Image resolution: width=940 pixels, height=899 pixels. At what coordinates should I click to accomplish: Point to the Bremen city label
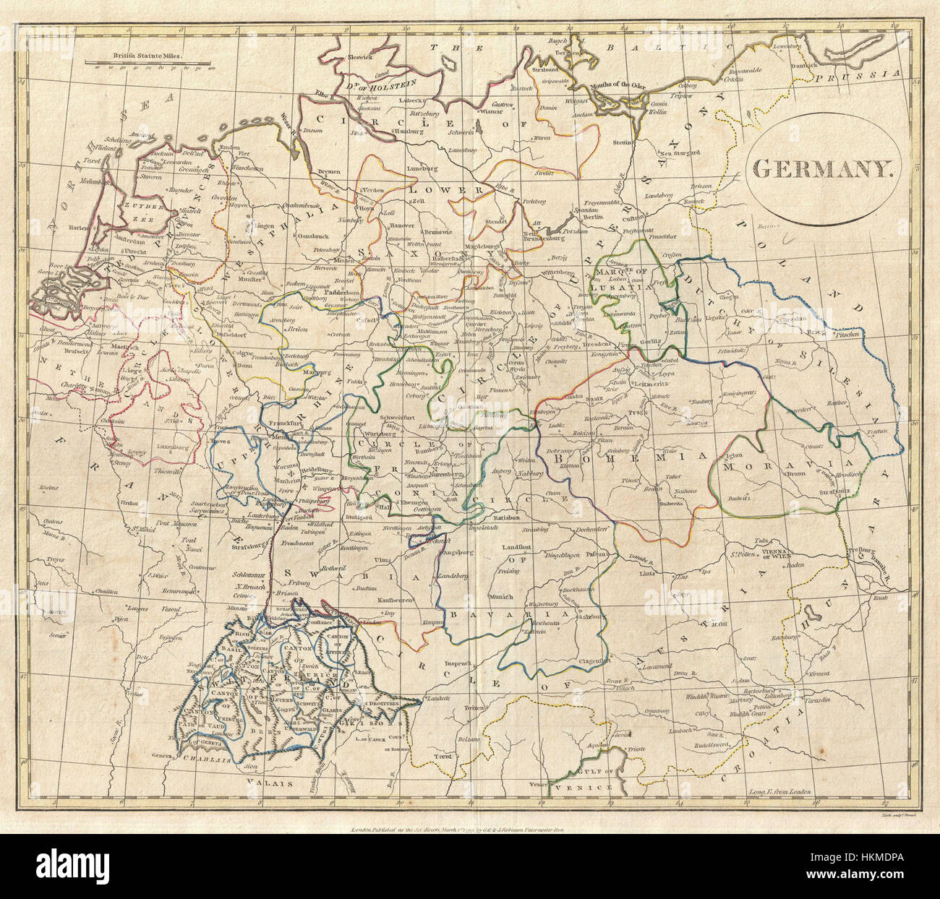coord(328,171)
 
